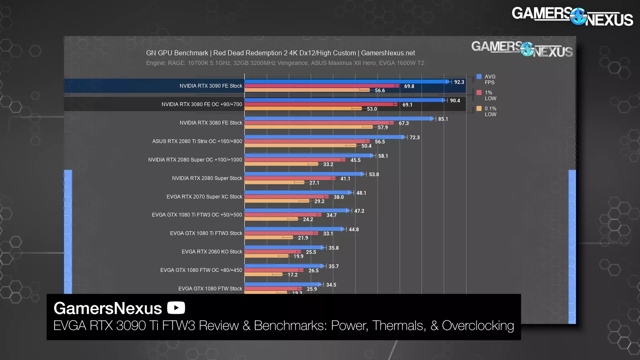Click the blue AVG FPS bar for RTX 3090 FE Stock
pyautogui.click(x=346, y=82)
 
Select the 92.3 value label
pyautogui.click(x=459, y=82)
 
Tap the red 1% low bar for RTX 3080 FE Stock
pyautogui.click(x=318, y=123)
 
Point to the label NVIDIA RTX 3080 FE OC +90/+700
pyautogui.click(x=202, y=104)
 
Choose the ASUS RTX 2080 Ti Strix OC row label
pyautogui.click(x=197, y=141)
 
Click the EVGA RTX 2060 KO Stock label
pyautogui.click(x=212, y=252)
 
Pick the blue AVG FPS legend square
pyautogui.click(x=479, y=77)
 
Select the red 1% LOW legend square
pyautogui.click(x=479, y=93)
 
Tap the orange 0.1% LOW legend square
pyautogui.click(x=479, y=108)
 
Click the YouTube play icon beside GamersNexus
pyautogui.click(x=176, y=308)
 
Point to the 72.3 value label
pyautogui.click(x=414, y=138)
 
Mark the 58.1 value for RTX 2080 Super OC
pyautogui.click(x=383, y=156)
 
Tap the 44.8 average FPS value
pyautogui.click(x=354, y=230)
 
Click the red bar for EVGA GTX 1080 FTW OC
pyautogui.click(x=273, y=270)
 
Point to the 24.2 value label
pyautogui.click(x=308, y=220)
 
